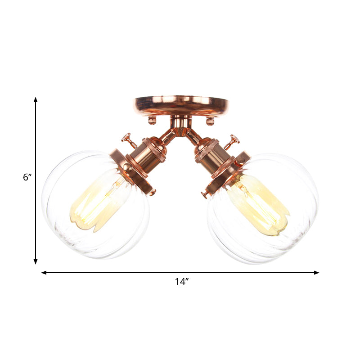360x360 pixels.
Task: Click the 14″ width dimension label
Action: coord(182,282)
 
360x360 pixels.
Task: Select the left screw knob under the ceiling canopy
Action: coord(152,120)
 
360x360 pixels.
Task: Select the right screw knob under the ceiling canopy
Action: coord(209,121)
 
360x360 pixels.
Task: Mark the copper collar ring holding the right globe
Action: coord(229,170)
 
